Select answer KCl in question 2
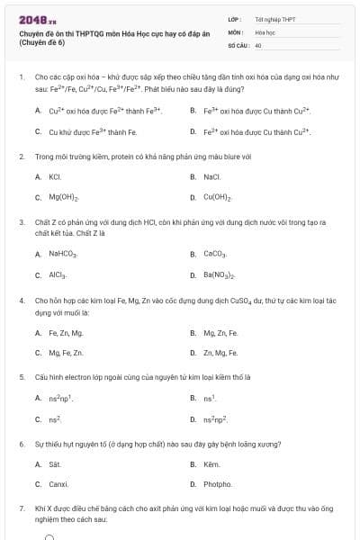click(x=54, y=177)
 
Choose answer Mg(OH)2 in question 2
click(x=64, y=196)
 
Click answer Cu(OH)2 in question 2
click(x=219, y=196)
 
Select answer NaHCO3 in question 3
click(x=64, y=255)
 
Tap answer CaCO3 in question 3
click(x=216, y=255)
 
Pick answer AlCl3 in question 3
click(x=58, y=274)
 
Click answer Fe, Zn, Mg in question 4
click(x=65, y=333)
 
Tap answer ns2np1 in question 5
click(x=60, y=398)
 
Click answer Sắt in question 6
click(x=55, y=464)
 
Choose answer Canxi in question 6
click(x=58, y=484)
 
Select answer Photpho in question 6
click(x=217, y=484)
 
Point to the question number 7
click(x=21, y=508)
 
